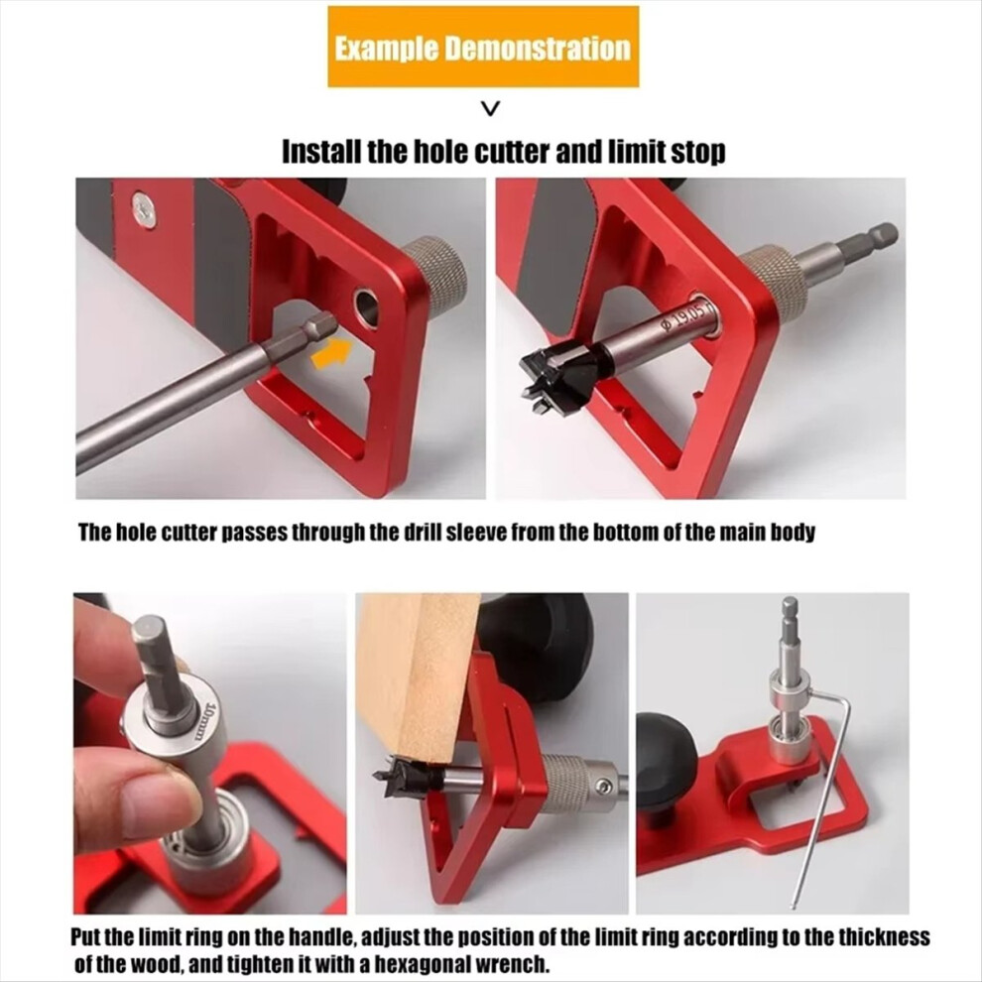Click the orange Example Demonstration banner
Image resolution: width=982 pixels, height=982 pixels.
point(483,47)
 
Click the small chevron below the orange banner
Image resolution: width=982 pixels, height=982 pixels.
point(492,109)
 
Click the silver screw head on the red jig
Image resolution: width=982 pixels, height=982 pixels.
point(144,208)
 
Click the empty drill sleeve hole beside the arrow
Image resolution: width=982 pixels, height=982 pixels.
point(366,308)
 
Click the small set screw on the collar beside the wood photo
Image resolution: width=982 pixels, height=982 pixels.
point(604,786)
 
